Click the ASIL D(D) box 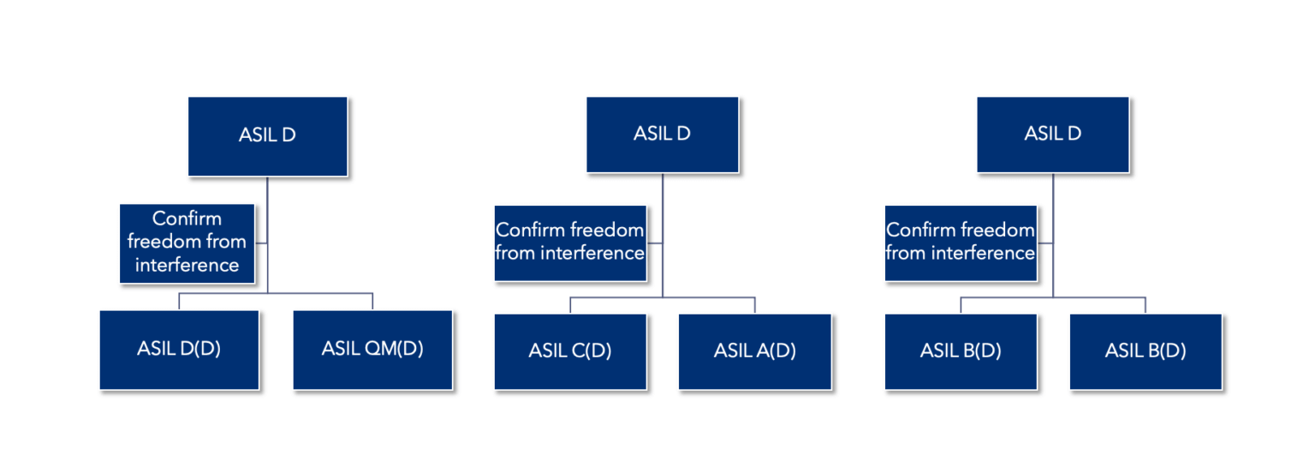click(x=179, y=350)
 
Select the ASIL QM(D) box click(x=372, y=350)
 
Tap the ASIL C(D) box click(x=570, y=351)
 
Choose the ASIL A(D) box click(x=754, y=351)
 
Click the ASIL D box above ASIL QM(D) click(x=267, y=136)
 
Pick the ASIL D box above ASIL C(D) click(x=662, y=135)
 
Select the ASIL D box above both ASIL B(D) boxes click(x=1052, y=135)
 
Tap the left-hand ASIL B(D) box click(x=961, y=351)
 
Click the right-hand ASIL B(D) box click(x=1145, y=351)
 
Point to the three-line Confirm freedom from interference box click(x=187, y=242)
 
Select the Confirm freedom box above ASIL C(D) click(x=570, y=242)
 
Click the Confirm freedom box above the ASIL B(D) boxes click(x=961, y=242)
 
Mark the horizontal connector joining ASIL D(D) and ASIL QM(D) click(x=276, y=294)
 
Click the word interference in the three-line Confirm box click(x=187, y=265)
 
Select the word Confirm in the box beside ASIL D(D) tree click(x=187, y=219)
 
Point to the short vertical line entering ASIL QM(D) click(x=372, y=302)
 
